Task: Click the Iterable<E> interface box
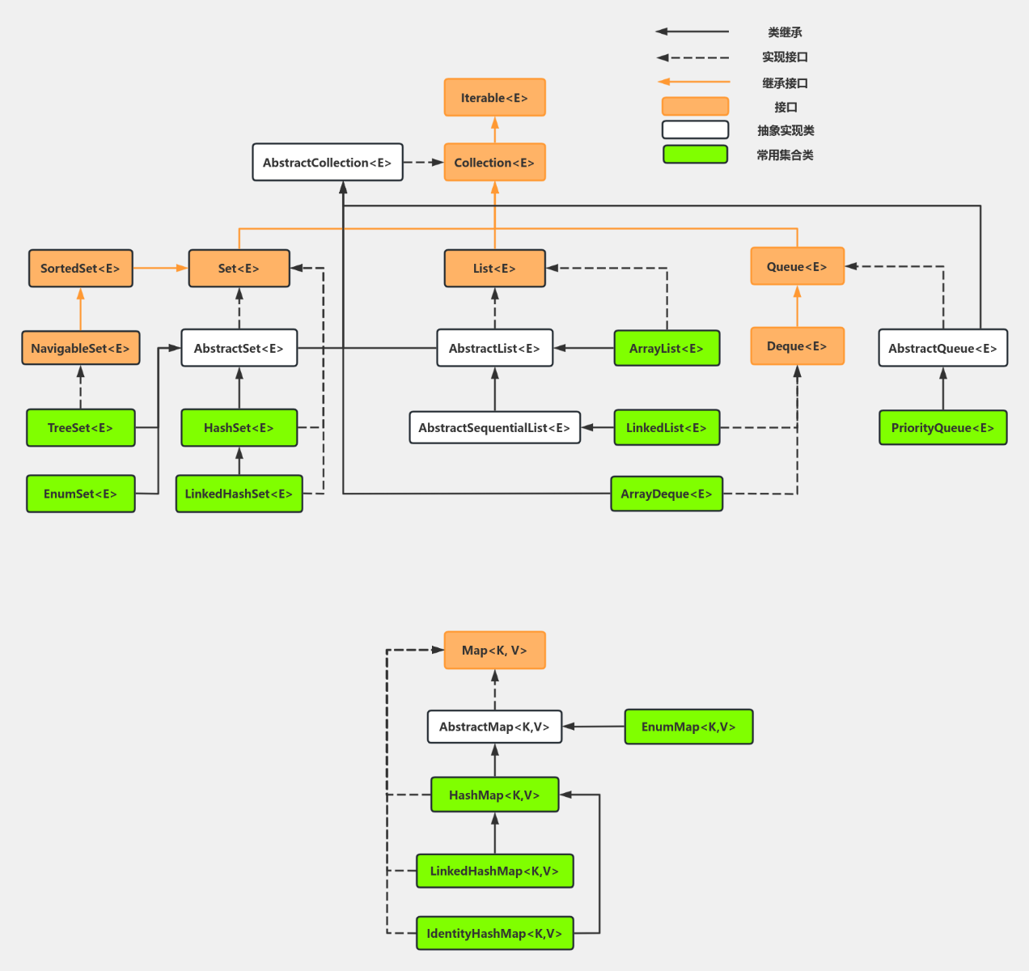tap(494, 98)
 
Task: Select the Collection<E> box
tap(494, 163)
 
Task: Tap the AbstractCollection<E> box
tap(327, 163)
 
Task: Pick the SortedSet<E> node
tap(80, 269)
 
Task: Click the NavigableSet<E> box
tap(80, 349)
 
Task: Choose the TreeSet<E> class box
tap(80, 428)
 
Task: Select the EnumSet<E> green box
tap(80, 494)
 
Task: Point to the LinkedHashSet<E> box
tap(239, 494)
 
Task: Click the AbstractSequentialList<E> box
tap(494, 428)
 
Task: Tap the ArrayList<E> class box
tap(667, 349)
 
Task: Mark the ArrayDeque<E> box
tap(667, 494)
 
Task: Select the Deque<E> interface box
tap(797, 346)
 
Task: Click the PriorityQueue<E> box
tap(942, 428)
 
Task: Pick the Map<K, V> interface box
tap(494, 651)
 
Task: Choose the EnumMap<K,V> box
tap(688, 727)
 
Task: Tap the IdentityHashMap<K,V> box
tap(494, 934)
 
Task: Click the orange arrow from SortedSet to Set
tap(160, 268)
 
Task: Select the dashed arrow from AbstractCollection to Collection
tap(423, 163)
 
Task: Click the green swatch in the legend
tap(695, 155)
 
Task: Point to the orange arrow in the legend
tap(693, 82)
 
